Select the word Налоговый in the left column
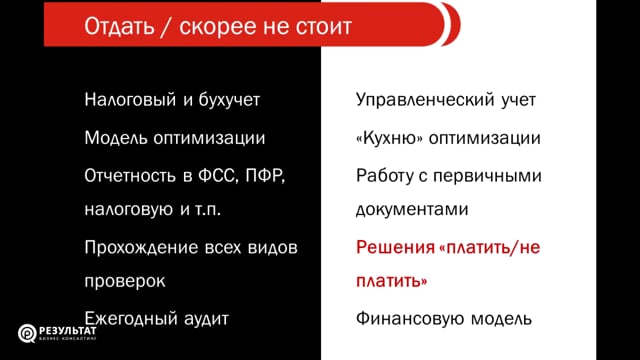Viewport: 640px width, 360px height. [x=128, y=100]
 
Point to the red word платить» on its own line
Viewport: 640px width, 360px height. [x=393, y=283]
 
